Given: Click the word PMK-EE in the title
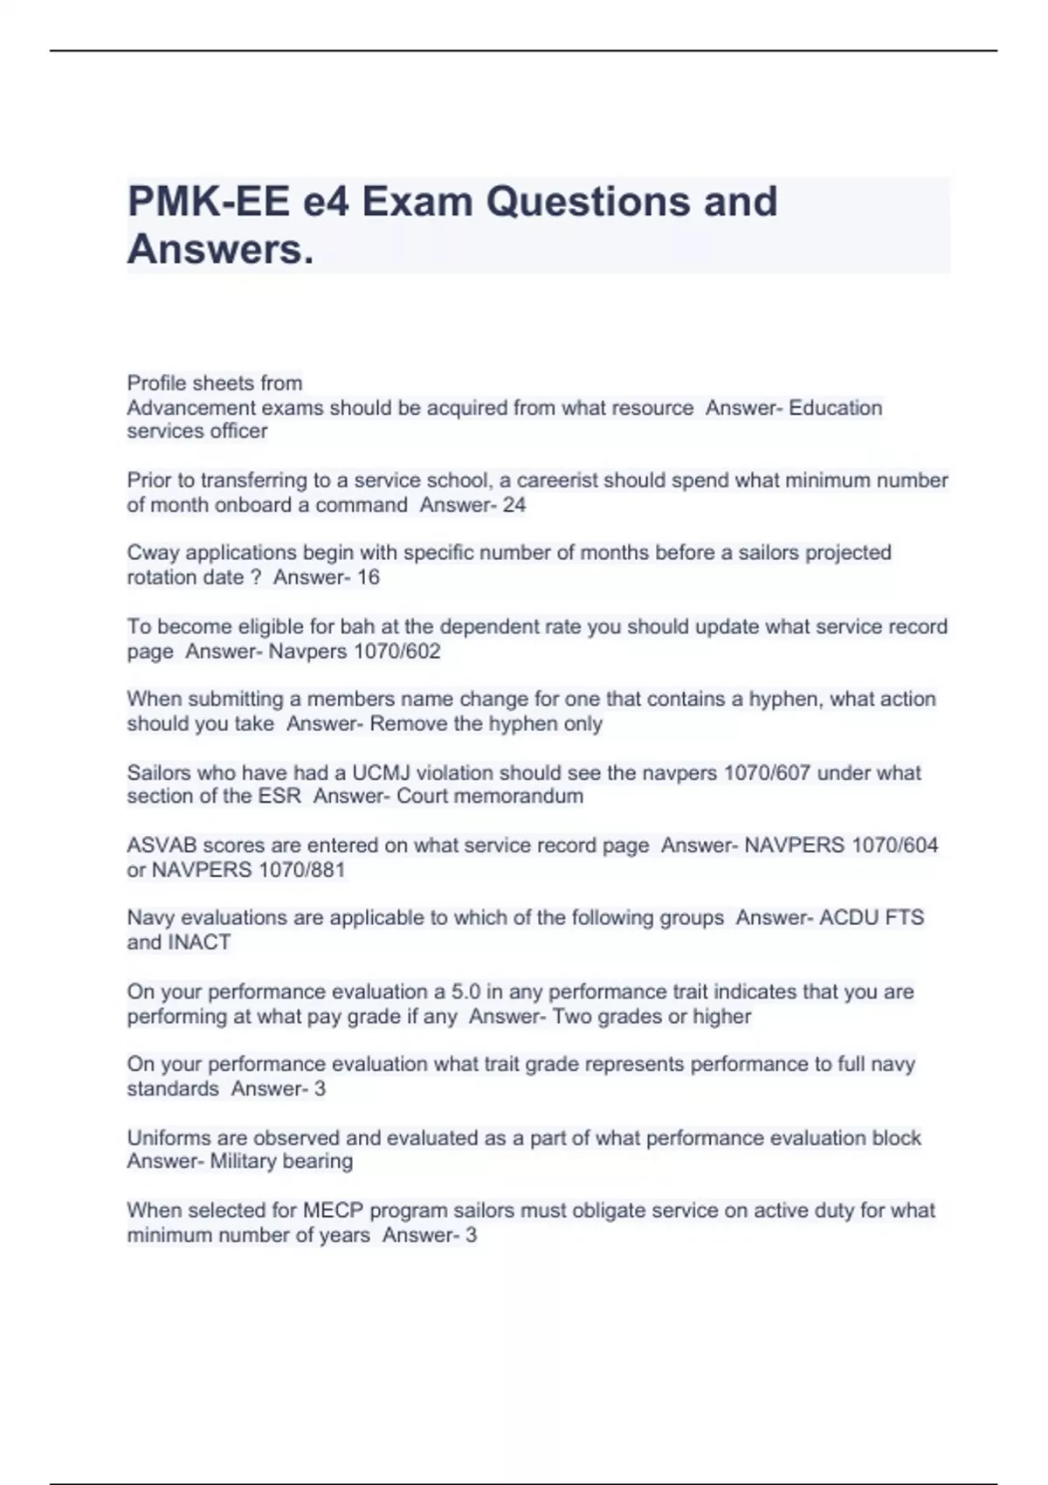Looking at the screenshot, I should point(208,202).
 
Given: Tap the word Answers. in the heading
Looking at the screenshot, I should point(220,250).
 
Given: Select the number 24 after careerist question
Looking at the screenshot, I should point(514,505).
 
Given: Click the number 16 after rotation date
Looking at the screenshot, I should point(368,577).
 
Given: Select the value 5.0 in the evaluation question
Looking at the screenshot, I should point(465,992).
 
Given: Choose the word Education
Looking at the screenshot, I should point(836,408).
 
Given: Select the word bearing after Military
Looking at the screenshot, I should point(318,1162).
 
